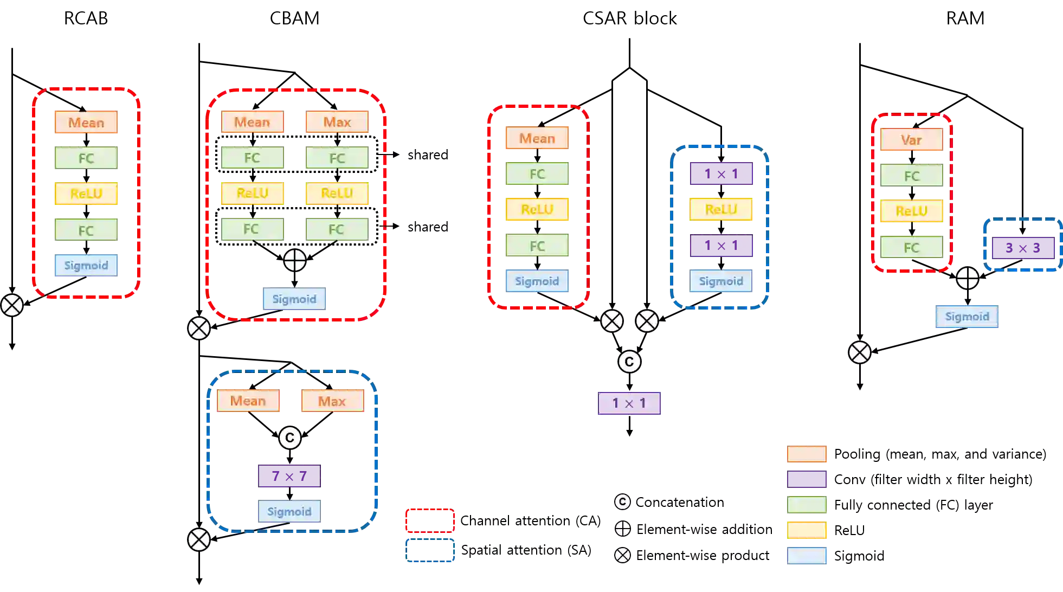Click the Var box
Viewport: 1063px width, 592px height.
(912, 140)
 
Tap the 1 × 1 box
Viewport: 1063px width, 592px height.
(629, 403)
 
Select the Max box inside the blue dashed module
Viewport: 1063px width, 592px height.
(332, 401)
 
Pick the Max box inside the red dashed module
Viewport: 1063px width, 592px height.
(337, 122)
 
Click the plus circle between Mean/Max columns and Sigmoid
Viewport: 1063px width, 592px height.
(295, 261)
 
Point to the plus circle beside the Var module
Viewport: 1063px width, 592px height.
(968, 279)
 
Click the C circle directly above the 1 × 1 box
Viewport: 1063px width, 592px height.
(629, 362)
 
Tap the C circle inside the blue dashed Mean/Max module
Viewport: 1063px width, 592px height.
(290, 438)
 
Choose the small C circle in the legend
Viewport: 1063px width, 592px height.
(622, 502)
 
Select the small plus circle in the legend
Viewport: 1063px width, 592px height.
(623, 529)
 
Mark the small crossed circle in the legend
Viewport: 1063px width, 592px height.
(623, 555)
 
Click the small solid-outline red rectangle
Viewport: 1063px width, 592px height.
(429, 521)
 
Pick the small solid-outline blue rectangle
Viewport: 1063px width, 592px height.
(429, 551)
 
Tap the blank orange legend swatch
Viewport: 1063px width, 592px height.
(807, 454)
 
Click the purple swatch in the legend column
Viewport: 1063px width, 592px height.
(807, 479)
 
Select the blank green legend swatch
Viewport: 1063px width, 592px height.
(807, 505)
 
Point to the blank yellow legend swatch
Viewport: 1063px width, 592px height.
(807, 531)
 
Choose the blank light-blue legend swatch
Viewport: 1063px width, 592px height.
(807, 557)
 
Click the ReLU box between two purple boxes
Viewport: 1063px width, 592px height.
(721, 209)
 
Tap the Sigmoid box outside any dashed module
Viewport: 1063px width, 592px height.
(967, 317)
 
